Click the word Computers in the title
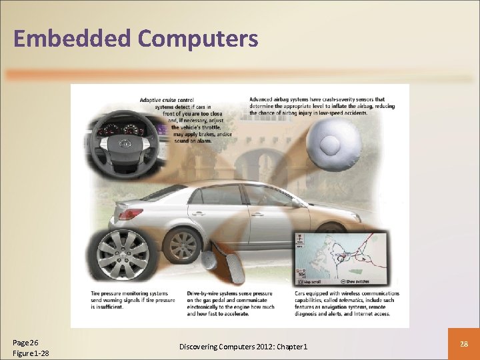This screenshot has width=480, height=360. pos(198,39)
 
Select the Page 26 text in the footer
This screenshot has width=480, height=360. pos(26,342)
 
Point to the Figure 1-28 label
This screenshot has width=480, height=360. pos(31,353)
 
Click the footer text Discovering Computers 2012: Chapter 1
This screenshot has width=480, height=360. pos(243,347)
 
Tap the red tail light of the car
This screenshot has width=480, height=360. pos(129,215)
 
